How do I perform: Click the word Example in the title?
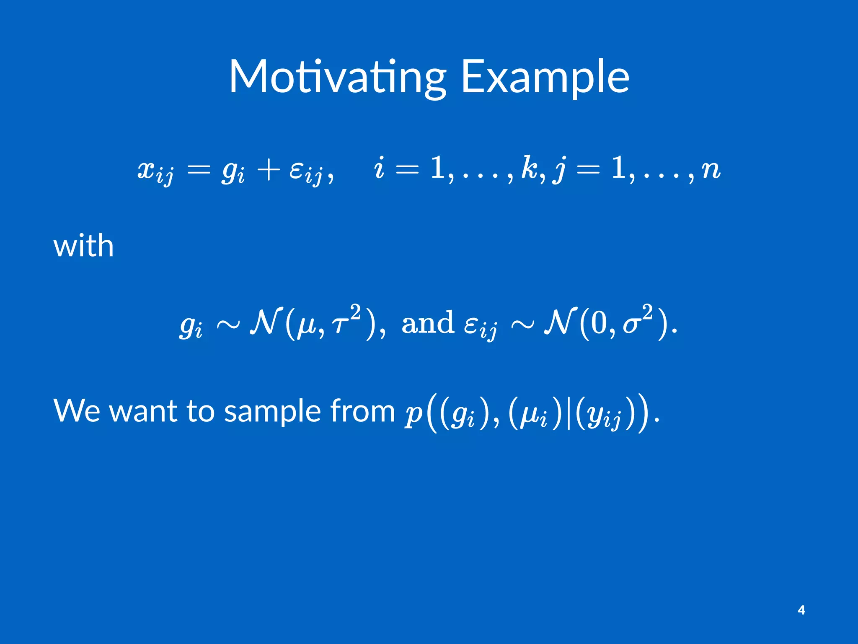[545, 78]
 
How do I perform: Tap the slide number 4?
[801, 610]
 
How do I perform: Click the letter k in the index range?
[529, 169]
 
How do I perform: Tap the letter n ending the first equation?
[710, 170]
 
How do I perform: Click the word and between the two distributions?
[427, 323]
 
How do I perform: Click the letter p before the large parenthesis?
[413, 415]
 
